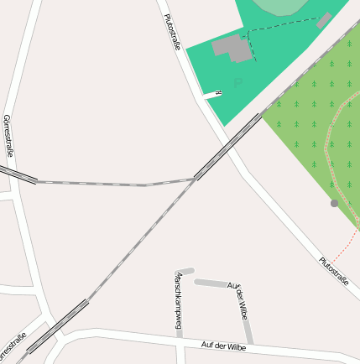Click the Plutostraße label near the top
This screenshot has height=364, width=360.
click(172, 32)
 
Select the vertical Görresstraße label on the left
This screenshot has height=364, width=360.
click(8, 136)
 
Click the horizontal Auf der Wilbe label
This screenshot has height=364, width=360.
click(223, 345)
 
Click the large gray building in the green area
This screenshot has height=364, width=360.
click(233, 48)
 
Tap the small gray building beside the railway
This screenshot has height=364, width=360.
click(324, 20)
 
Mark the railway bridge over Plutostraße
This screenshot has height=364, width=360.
click(227, 147)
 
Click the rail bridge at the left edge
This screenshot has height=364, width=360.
click(17, 174)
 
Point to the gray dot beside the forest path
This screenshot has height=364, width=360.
click(334, 203)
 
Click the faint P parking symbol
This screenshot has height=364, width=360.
click(237, 81)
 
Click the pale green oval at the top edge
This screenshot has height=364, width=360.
click(284, 6)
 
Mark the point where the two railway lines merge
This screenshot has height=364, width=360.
click(195, 179)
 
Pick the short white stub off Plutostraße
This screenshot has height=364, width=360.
click(211, 95)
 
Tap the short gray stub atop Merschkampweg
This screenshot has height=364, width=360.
click(185, 271)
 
